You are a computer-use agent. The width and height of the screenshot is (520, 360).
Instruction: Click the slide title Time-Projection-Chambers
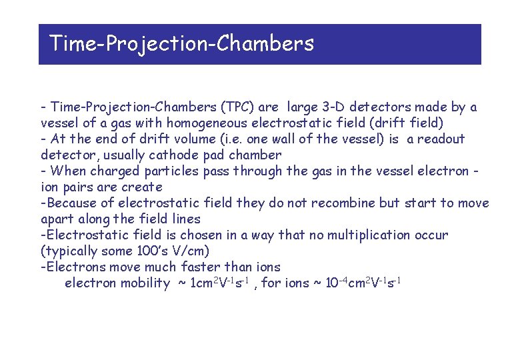(181, 44)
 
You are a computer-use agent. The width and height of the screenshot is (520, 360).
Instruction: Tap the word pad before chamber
(213, 155)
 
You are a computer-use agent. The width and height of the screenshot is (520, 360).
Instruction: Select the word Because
(70, 203)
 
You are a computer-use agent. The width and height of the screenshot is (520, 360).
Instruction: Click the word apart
(58, 219)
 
